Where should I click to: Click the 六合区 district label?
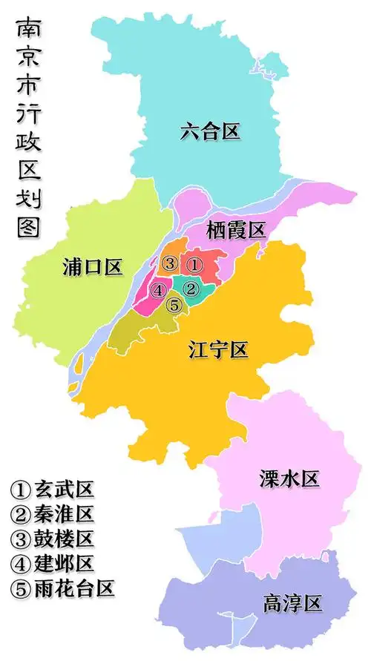pyautogui.click(x=210, y=132)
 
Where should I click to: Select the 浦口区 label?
pyautogui.click(x=93, y=268)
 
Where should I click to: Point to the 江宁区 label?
pyautogui.click(x=218, y=349)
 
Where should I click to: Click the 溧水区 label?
pyautogui.click(x=289, y=479)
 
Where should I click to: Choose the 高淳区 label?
pyautogui.click(x=293, y=603)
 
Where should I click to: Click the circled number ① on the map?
pyautogui.click(x=194, y=263)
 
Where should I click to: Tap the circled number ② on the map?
pyautogui.click(x=190, y=289)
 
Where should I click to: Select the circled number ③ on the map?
pyautogui.click(x=170, y=263)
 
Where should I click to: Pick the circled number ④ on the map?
pyautogui.click(x=157, y=290)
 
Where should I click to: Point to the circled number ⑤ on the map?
pyautogui.click(x=174, y=304)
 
